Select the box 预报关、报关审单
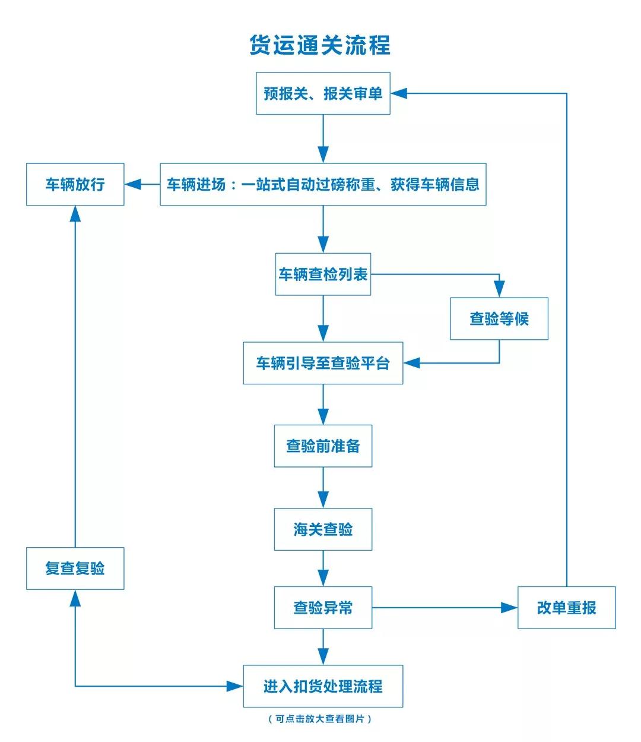(323, 93)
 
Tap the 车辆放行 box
(75, 184)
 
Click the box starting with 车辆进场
(323, 184)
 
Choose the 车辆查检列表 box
(323, 274)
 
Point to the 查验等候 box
(499, 319)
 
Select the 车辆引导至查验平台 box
(323, 363)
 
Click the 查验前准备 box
(323, 446)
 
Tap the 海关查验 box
(323, 529)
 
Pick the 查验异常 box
(323, 608)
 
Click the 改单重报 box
(566, 608)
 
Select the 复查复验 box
(75, 569)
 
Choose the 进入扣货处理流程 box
(323, 686)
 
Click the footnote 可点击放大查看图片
(320, 719)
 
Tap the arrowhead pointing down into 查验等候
(499, 289)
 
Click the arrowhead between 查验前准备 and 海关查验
(323, 499)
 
